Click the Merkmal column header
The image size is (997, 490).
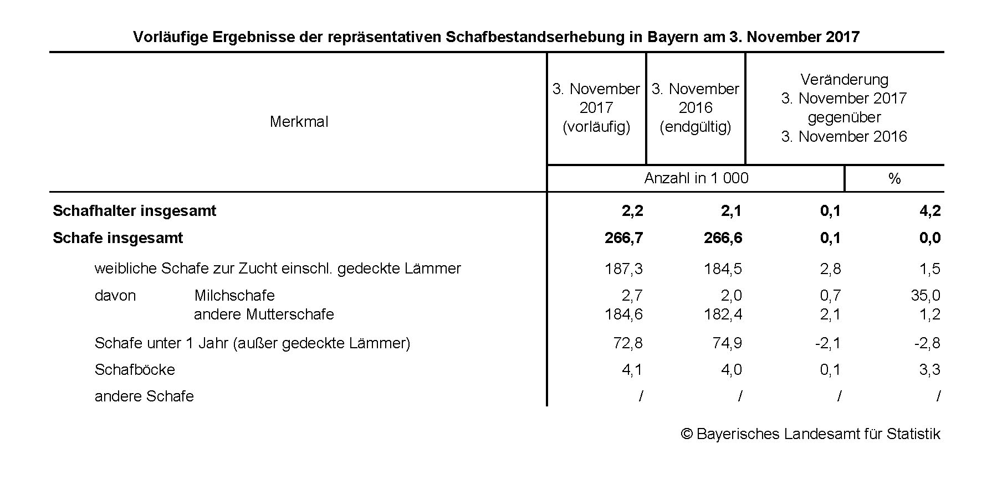(299, 122)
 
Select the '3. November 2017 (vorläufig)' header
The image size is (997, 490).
(596, 108)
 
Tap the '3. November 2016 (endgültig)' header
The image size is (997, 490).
(695, 108)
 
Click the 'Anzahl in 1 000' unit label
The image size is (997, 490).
(696, 178)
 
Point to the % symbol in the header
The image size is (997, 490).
(894, 179)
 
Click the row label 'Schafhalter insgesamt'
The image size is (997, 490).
(134, 211)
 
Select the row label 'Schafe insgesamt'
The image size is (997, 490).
(117, 238)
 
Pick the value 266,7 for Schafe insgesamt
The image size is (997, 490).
(623, 238)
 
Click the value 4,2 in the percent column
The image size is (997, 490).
(929, 211)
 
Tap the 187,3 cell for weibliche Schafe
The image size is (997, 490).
(623, 269)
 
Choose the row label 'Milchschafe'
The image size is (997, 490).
(234, 296)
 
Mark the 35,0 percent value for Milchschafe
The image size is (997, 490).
(926, 296)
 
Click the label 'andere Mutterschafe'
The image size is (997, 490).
(264, 314)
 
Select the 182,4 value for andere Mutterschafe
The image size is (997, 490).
(723, 314)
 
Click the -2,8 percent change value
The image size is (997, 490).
(927, 343)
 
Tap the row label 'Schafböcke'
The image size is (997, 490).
(135, 370)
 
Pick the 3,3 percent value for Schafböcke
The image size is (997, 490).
(929, 370)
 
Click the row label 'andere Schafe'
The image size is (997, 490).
(144, 396)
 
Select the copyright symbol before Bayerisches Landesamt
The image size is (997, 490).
(687, 434)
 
